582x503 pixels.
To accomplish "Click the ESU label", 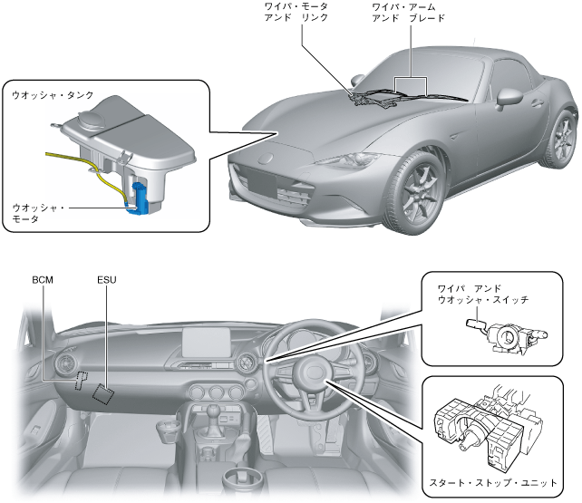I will click(x=107, y=279).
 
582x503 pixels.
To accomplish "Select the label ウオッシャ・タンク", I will click(x=53, y=94).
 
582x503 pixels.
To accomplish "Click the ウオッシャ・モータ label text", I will click(x=38, y=213).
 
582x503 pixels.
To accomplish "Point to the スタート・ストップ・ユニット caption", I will click(x=493, y=481).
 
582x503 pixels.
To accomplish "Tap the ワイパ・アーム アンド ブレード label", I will click(x=407, y=12).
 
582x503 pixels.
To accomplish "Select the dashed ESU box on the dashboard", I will click(x=103, y=391).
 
